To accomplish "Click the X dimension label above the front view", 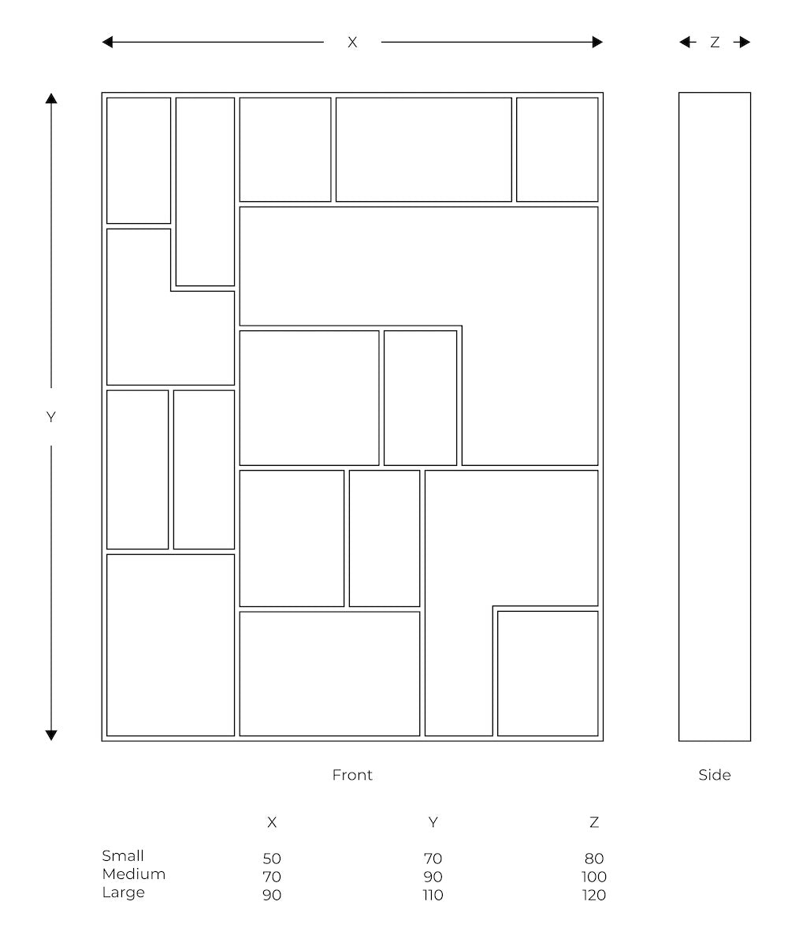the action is pos(352,43).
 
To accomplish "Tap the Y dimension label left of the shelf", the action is pos(51,417).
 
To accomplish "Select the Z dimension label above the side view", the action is pos(715,43).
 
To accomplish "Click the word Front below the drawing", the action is pos(352,775).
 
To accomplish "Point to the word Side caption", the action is pos(715,775).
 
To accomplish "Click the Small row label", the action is pos(123,855).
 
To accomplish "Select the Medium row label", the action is pos(133,874).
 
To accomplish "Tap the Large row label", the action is pos(124,892).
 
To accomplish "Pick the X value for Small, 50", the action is pos(272,859).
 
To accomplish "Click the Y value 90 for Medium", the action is pos(433,877).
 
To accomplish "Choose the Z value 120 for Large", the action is pos(593,895).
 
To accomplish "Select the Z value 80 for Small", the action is pos(594,859).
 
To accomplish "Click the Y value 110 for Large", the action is pos(433,895).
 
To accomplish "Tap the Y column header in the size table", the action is pos(433,822).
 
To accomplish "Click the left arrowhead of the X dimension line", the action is pos(107,43).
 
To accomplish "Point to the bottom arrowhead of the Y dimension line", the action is pos(51,736).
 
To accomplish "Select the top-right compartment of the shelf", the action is pos(557,150).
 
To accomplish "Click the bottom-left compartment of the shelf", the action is pos(170,645).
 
